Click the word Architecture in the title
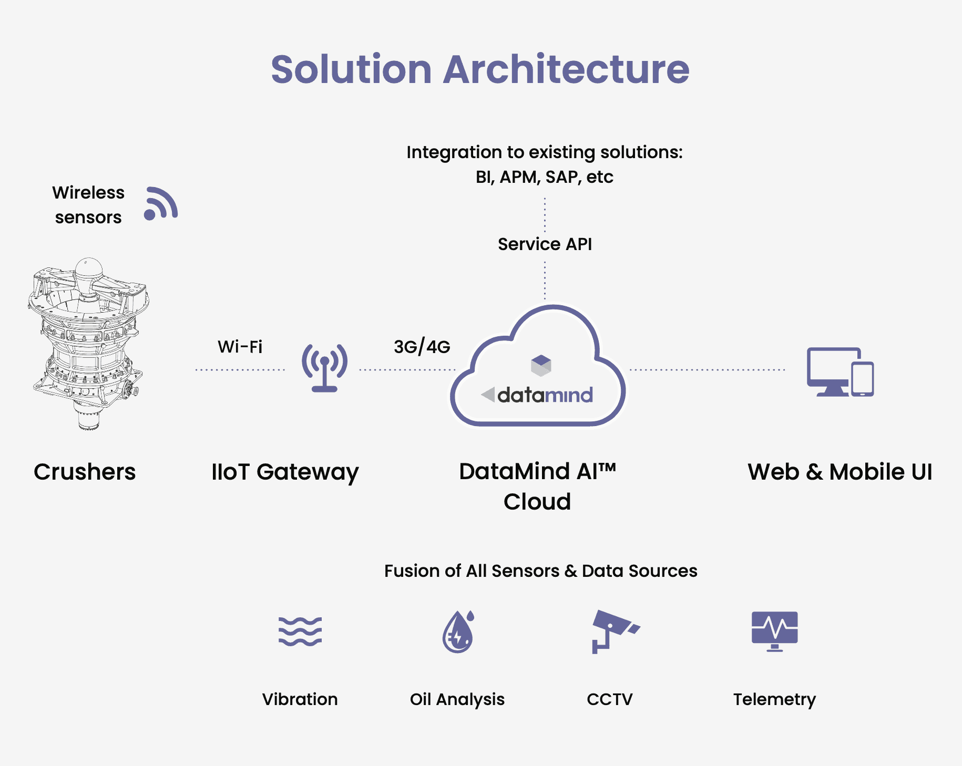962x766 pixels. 566,69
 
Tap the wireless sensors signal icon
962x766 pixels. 161,204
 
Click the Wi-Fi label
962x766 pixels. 240,347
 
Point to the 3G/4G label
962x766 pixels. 422,347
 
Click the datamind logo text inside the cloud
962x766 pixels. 545,395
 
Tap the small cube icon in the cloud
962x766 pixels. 540,365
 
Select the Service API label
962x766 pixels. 545,244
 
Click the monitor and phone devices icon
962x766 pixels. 840,372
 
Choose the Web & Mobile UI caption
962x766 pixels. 840,472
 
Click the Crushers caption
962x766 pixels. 85,472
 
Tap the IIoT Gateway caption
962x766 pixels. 284,472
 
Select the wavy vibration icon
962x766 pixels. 300,631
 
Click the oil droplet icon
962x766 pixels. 458,632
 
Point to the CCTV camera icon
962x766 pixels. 612,630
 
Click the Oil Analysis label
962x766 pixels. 457,699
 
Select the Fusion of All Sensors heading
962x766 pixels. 540,571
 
